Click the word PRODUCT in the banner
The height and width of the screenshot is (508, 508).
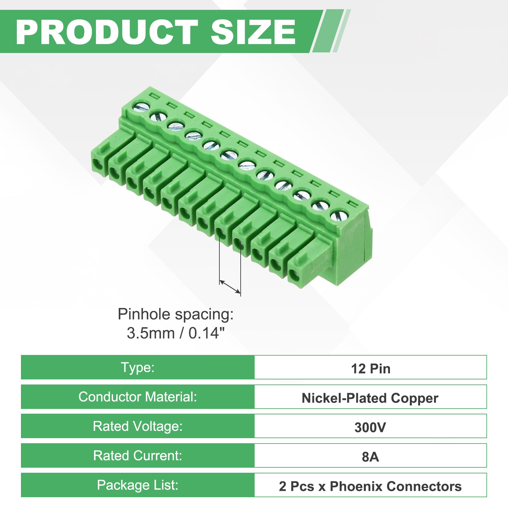[107, 32]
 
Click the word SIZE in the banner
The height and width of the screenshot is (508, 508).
[253, 32]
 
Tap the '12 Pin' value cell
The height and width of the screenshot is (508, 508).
[371, 367]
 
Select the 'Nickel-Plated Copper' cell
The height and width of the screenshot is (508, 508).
[371, 397]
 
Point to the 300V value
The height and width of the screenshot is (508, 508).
[370, 427]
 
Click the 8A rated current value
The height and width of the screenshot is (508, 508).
[370, 457]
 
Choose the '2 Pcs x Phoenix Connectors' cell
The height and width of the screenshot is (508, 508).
[371, 485]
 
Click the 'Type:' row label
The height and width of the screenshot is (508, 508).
[137, 367]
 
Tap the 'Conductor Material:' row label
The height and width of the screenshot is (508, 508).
[137, 397]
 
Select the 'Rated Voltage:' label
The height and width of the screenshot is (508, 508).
[137, 426]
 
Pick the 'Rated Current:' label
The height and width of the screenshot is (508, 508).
[137, 456]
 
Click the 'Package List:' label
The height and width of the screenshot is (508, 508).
[137, 485]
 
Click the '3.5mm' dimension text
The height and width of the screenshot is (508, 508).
[151, 333]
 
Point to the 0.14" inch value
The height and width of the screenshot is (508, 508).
[207, 333]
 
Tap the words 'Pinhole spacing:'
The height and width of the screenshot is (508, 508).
[176, 314]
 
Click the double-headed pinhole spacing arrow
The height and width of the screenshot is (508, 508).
[230, 287]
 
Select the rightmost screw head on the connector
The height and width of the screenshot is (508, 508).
[338, 216]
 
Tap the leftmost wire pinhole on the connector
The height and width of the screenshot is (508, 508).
[98, 165]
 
